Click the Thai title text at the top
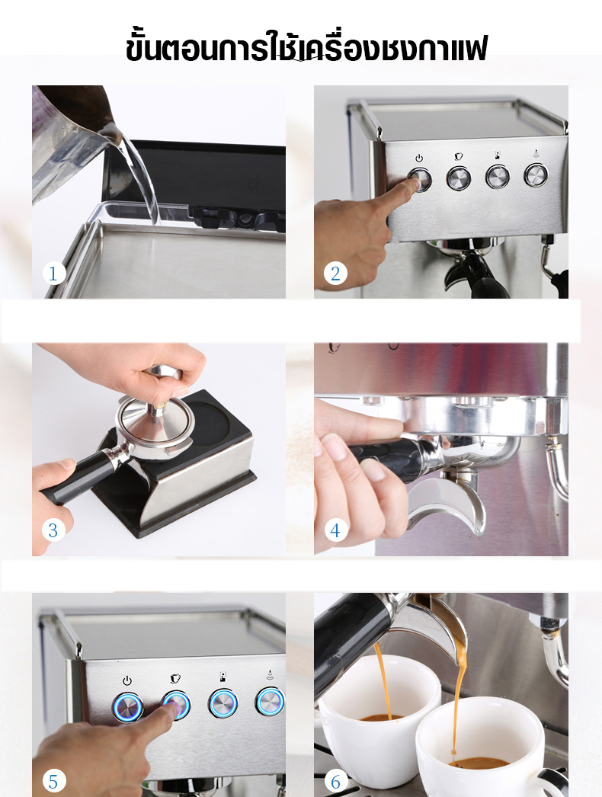coord(306,47)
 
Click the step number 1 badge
coord(53,273)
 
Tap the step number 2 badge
coord(335,273)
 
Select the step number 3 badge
coord(53,530)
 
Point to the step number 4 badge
coord(335,530)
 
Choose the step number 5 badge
coord(53,781)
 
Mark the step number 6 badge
coord(335,781)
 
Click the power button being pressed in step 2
coord(419,180)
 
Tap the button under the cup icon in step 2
coord(459,178)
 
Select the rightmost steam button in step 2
coord(536,174)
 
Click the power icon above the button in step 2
coord(419,158)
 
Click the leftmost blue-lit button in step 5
coord(128,705)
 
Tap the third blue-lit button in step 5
coord(223,703)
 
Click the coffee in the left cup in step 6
coord(381,717)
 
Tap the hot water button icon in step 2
coord(498,155)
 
